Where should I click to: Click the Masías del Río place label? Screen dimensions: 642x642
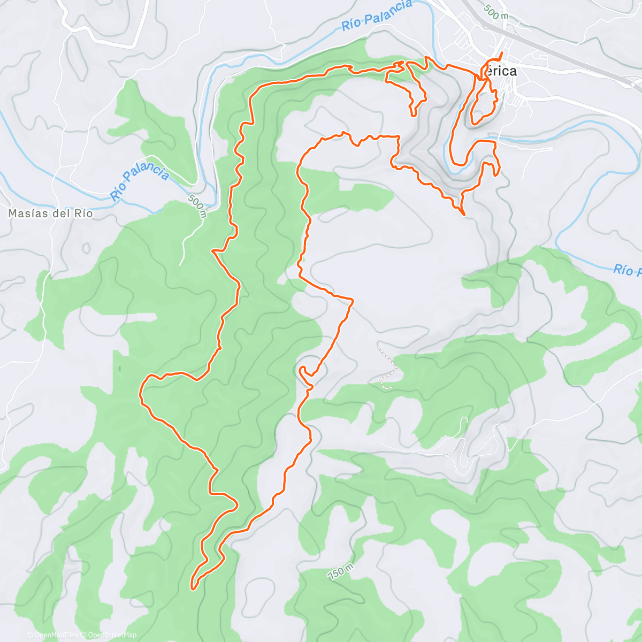pyautogui.click(x=50, y=213)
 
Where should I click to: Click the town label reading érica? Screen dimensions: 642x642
pyautogui.click(x=501, y=71)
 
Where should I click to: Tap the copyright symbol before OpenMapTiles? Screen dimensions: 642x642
pyautogui.click(x=29, y=635)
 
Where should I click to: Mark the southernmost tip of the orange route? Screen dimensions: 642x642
pyautogui.click(x=193, y=588)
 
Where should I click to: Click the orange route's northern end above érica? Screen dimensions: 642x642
pyautogui.click(x=502, y=52)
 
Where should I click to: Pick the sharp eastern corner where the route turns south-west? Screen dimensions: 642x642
pyautogui.click(x=353, y=300)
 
